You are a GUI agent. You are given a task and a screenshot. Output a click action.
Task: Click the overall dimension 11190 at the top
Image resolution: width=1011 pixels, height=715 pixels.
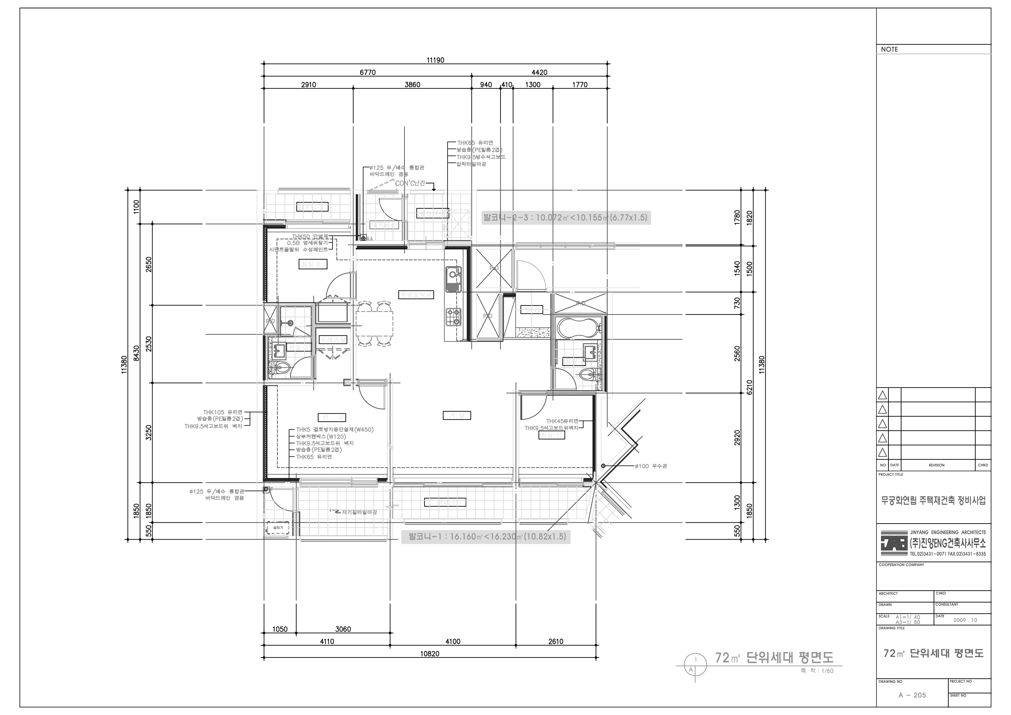[435, 60]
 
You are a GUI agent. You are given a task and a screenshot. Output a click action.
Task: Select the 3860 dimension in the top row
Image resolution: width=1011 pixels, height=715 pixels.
[412, 85]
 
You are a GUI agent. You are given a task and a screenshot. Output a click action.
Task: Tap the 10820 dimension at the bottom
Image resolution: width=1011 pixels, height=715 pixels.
[429, 654]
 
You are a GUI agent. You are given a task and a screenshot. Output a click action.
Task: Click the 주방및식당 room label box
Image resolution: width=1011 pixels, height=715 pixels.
[416, 295]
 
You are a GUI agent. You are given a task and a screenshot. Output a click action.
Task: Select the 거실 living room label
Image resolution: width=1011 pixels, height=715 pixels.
[457, 415]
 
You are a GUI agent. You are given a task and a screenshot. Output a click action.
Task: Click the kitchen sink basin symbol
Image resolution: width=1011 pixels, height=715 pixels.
[453, 279]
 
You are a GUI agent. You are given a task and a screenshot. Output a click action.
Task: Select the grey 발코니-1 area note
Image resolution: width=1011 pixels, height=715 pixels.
[486, 536]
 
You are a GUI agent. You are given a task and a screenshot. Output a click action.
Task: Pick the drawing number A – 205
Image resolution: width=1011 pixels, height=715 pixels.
[912, 695]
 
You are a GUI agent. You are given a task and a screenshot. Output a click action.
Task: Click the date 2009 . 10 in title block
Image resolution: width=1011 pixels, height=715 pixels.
[965, 620]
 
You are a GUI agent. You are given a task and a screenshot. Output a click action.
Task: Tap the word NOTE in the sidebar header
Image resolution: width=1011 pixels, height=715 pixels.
[889, 49]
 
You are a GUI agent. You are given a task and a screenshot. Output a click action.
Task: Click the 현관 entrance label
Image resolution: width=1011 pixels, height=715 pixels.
[532, 310]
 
